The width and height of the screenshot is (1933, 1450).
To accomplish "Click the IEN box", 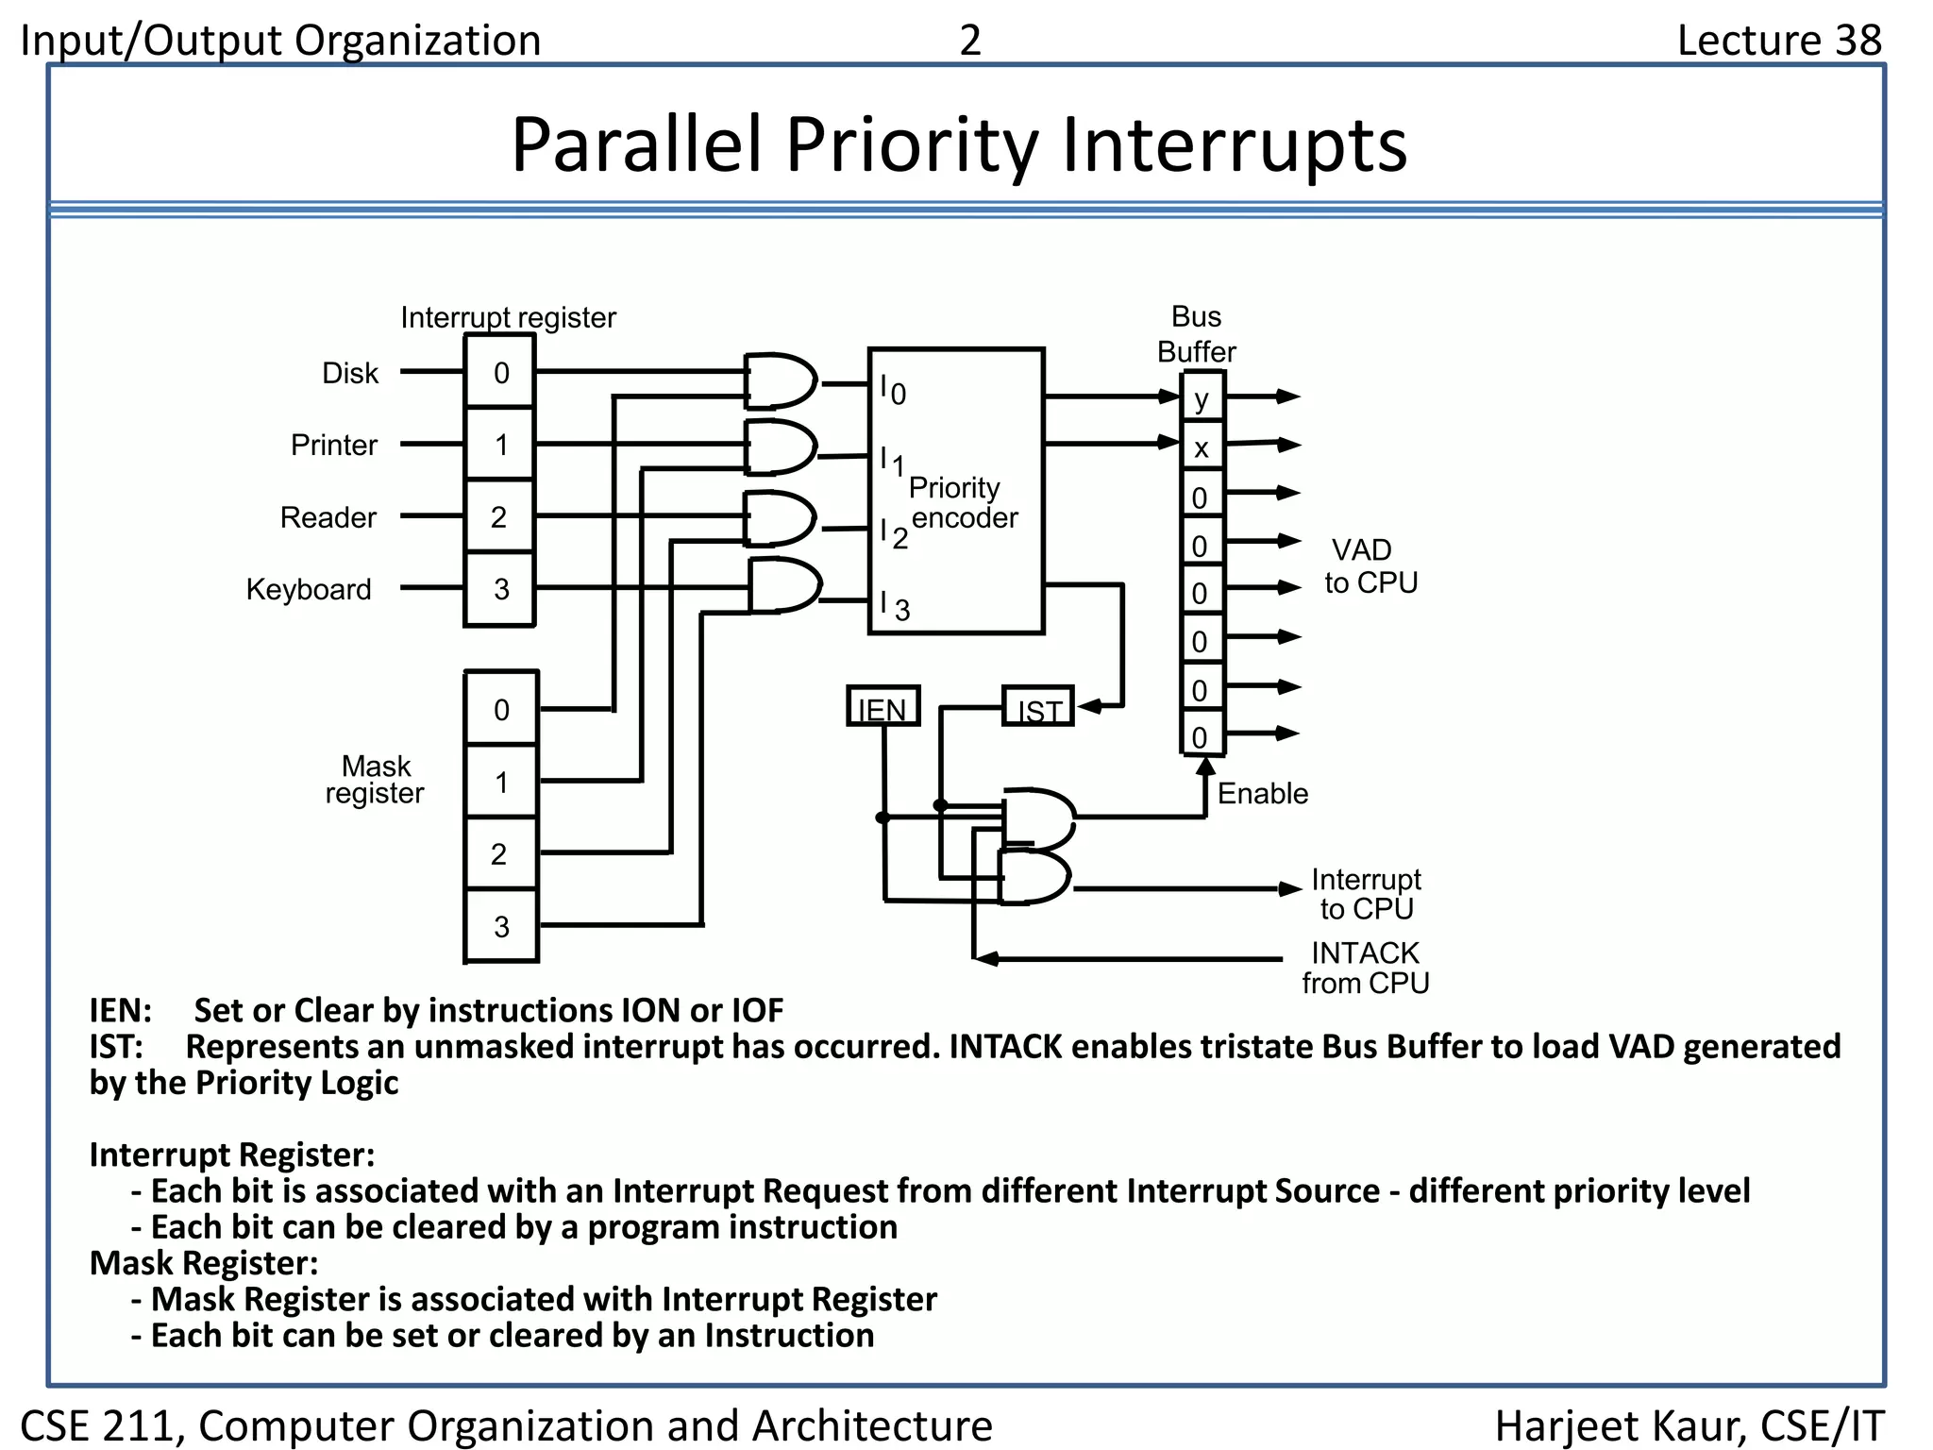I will pyautogui.click(x=882, y=707).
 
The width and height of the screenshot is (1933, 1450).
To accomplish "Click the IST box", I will pyautogui.click(x=1038, y=707).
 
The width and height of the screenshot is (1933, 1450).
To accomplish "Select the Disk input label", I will pyautogui.click(x=349, y=373).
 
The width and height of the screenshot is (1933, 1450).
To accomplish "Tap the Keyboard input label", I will pyautogui.click(x=309, y=589).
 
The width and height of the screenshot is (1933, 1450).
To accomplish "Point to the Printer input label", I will pyautogui.click(x=333, y=445).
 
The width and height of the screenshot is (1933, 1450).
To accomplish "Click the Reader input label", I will pyautogui.click(x=328, y=517).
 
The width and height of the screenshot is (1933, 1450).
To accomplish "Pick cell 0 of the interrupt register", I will pyautogui.click(x=500, y=373).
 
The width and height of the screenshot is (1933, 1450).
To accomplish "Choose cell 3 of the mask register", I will pyautogui.click(x=500, y=926).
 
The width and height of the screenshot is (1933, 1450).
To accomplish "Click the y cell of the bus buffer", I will pyautogui.click(x=1202, y=398).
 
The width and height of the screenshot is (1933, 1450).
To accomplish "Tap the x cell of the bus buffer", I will pyautogui.click(x=1202, y=447).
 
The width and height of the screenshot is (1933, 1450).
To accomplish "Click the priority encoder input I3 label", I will pyautogui.click(x=895, y=606).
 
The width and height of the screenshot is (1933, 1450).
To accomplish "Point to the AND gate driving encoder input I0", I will pyautogui.click(x=780, y=381).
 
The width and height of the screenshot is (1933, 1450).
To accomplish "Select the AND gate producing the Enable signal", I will pyautogui.click(x=1037, y=817).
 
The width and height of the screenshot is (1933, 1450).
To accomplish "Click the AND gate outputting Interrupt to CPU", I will pyautogui.click(x=1034, y=879).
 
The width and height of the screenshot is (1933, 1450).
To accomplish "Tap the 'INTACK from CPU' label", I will pyautogui.click(x=1365, y=968).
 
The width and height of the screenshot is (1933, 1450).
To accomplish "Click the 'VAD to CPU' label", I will pyautogui.click(x=1370, y=566).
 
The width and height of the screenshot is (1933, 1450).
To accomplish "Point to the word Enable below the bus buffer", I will pyautogui.click(x=1262, y=794).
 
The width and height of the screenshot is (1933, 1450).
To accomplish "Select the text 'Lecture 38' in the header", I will pyautogui.click(x=1778, y=40).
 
